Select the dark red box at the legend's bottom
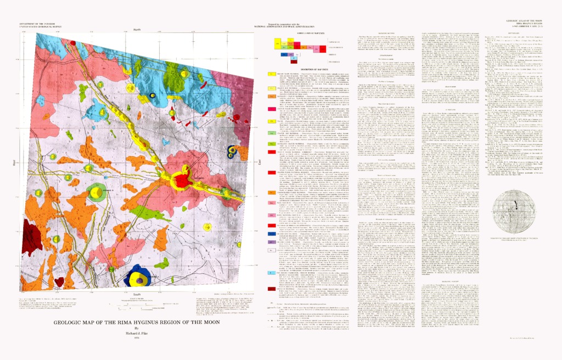(x=272, y=289)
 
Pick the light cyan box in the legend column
(x=272, y=272)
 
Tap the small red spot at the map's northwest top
(x=73, y=42)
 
